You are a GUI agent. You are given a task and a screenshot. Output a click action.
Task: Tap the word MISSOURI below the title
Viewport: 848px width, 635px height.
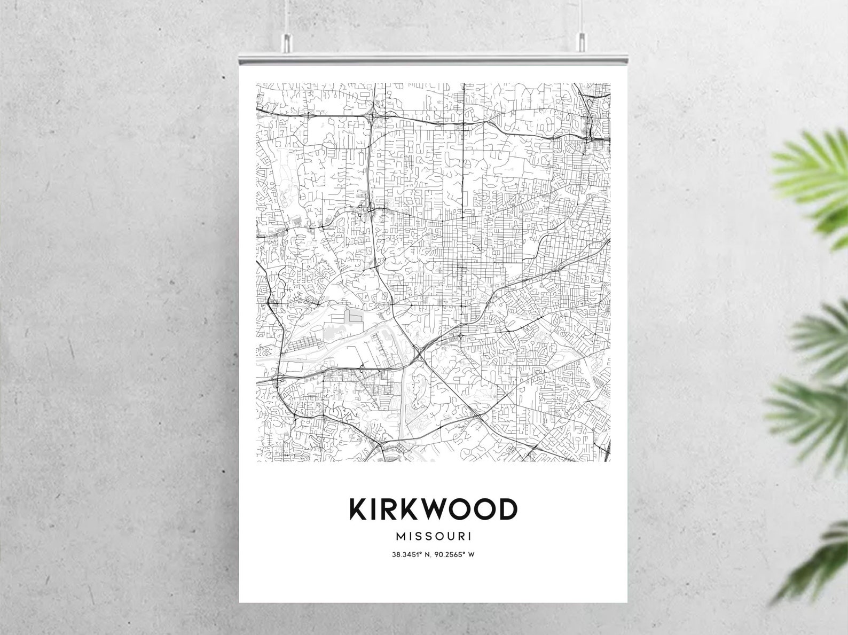[433, 535]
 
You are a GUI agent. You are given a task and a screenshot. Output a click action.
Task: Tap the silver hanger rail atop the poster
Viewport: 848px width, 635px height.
[433, 56]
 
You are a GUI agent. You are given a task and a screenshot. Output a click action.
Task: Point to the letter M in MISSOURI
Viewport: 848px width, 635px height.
[400, 535]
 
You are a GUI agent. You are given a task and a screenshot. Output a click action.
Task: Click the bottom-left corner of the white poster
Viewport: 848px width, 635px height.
[240, 601]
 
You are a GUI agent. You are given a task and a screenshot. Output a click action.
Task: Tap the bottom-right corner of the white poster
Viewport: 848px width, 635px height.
[626, 601]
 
